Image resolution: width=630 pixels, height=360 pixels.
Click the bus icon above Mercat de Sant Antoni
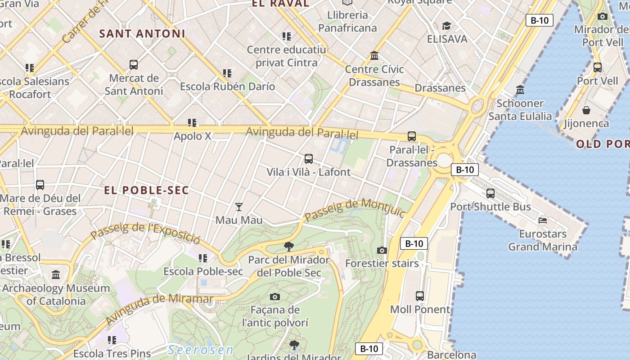click(x=134, y=65)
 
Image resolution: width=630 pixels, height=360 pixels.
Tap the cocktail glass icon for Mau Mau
click(x=239, y=207)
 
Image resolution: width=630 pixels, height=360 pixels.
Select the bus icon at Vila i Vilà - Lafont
click(x=308, y=159)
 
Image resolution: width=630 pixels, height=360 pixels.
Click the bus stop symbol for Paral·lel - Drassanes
click(x=411, y=136)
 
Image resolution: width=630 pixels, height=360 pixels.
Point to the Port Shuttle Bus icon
click(x=490, y=193)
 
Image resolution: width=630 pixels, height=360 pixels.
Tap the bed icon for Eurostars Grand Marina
click(x=543, y=220)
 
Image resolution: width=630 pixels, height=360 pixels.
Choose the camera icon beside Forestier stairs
click(x=382, y=250)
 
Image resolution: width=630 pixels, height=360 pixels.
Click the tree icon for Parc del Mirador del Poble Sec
click(x=289, y=247)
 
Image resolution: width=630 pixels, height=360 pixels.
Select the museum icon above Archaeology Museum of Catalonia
click(x=56, y=274)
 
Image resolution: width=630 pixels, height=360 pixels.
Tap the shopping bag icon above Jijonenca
click(x=586, y=110)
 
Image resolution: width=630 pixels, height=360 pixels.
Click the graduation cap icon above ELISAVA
click(x=446, y=26)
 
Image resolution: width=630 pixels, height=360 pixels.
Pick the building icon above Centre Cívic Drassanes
click(x=374, y=56)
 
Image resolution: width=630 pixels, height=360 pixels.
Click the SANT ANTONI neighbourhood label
click(x=142, y=34)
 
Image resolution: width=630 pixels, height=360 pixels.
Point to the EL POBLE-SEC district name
click(x=147, y=190)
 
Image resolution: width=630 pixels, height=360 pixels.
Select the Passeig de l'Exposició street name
click(x=145, y=231)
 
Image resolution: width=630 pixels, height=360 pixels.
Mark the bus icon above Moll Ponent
click(x=420, y=296)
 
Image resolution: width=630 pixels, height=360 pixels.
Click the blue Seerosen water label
click(x=201, y=350)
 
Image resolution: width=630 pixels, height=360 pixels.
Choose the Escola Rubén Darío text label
click(x=227, y=86)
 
